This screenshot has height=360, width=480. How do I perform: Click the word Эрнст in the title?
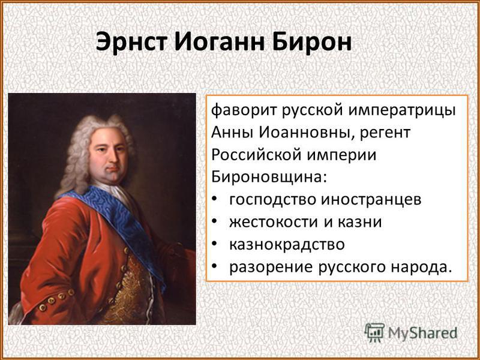pos(133,41)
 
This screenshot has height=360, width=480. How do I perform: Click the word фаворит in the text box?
pos(244,110)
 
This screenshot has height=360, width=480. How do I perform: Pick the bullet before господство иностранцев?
pos(215,199)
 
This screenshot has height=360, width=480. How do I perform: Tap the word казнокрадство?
pos(287,245)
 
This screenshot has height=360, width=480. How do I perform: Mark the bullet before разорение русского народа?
pos(215,266)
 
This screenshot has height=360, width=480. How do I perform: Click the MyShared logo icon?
pos(374,332)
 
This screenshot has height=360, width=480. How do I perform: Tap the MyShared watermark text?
pos(422,333)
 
